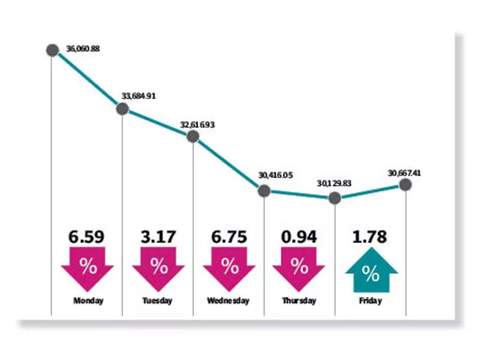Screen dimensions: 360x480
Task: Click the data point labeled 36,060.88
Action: [x=52, y=50]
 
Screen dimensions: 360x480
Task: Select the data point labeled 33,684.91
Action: [x=122, y=109]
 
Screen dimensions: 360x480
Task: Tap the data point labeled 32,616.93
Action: [x=193, y=136]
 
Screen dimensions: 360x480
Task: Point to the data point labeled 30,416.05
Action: [x=264, y=191]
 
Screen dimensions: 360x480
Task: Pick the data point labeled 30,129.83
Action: [x=335, y=197]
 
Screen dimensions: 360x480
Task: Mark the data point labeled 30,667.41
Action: [x=406, y=185]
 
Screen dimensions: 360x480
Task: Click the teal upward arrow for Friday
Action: [x=370, y=272]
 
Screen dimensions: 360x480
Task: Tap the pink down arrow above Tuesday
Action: [x=159, y=268]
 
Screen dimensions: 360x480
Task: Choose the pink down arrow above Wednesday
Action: [x=229, y=268]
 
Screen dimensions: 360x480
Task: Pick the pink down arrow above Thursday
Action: [x=299, y=268]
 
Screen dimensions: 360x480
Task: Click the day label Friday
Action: [x=370, y=301]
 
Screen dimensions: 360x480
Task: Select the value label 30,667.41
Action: [x=404, y=173]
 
